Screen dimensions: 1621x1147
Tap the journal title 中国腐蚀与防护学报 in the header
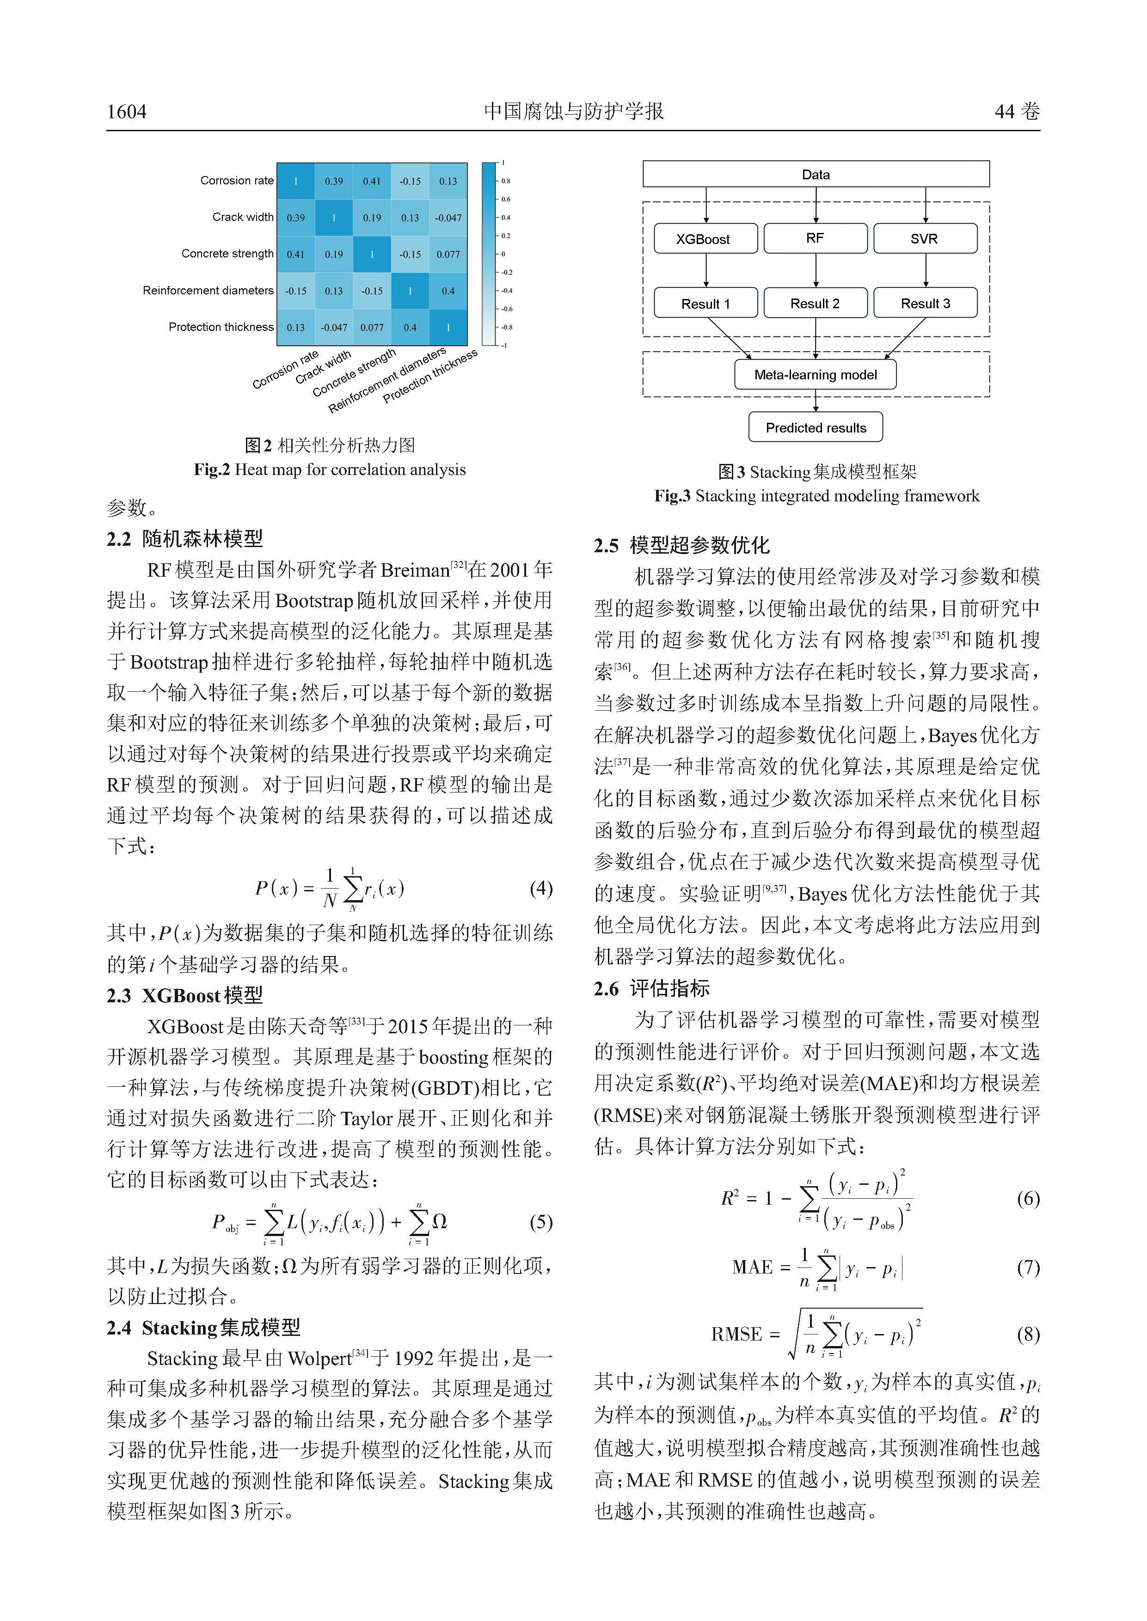point(573,111)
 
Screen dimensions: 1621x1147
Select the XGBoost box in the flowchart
point(705,238)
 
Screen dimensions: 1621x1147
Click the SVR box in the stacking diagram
point(925,238)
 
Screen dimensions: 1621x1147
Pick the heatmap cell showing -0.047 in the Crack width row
point(448,218)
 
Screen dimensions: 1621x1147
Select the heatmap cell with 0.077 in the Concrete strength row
point(448,254)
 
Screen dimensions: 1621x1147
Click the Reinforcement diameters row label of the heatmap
point(208,290)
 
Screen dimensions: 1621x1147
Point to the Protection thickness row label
point(221,327)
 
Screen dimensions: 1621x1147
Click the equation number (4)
point(541,888)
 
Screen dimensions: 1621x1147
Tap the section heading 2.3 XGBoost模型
point(185,995)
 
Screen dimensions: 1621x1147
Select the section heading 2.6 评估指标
point(651,988)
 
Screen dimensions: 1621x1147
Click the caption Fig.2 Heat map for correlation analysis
point(330,469)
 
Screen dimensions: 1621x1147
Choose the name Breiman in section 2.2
point(415,571)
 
